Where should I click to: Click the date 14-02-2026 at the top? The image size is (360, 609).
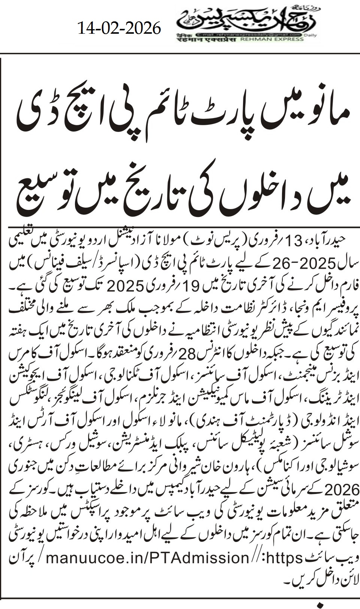(x=119, y=28)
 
